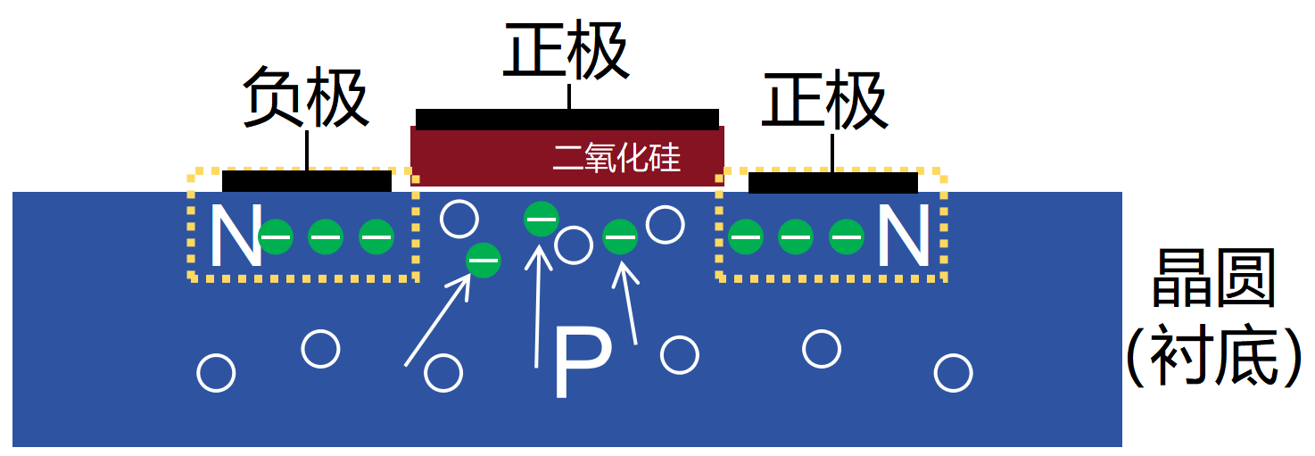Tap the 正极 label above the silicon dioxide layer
pos(567,50)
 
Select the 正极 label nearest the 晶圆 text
pos(824,100)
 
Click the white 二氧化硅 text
pos(616,159)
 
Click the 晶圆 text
pos(1213,279)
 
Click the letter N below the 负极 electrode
pos(234,236)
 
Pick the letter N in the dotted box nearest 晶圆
pos(904,236)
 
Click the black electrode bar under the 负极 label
pos(306,181)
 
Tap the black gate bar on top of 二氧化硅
pos(567,119)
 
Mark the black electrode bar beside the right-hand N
pos(832,182)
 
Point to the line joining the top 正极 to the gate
pos(568,97)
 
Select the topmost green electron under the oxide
pos(541,218)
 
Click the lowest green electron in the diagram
pos(484,260)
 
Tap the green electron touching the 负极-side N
pos(276,236)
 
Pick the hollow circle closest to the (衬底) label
pos(954,373)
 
